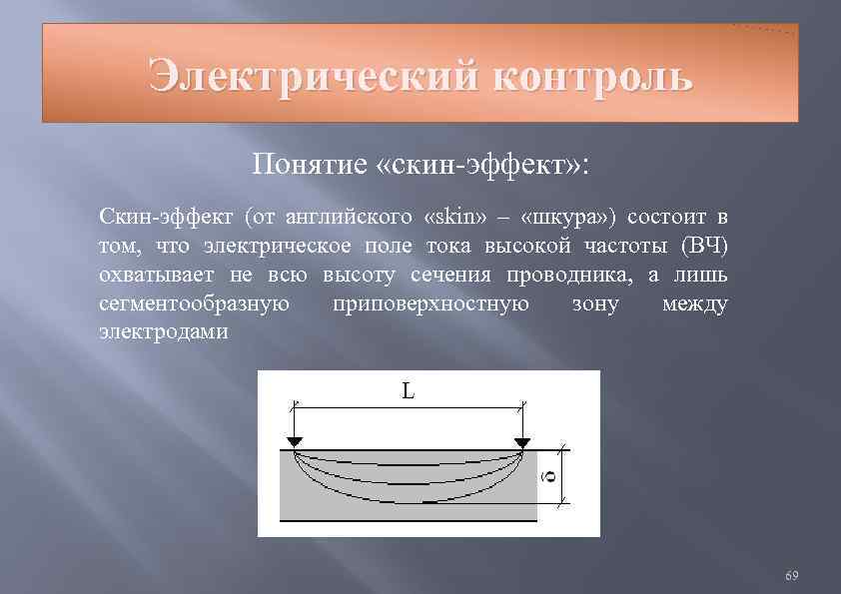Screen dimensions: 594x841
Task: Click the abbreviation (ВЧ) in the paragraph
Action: point(704,246)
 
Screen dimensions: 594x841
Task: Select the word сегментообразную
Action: point(195,303)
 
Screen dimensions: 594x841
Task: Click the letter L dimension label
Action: point(409,391)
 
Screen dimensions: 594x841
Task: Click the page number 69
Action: point(792,576)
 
